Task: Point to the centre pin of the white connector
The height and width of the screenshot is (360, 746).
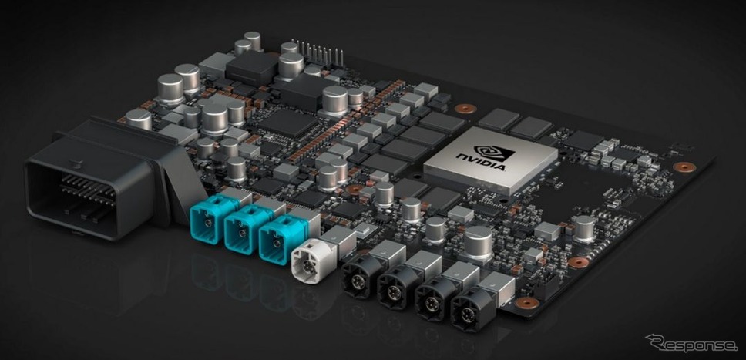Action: point(309,264)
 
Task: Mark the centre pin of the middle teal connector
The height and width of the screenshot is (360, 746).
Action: point(243,233)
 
